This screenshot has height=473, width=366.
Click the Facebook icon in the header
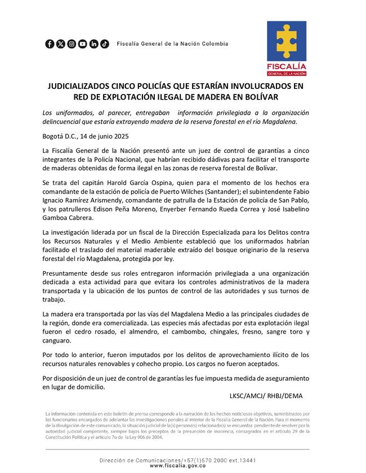pyautogui.click(x=50, y=44)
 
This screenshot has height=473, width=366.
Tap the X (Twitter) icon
pyautogui.click(x=60, y=44)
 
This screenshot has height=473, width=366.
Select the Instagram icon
pyautogui.click(x=72, y=44)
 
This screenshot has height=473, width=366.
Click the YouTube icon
pyautogui.click(x=83, y=44)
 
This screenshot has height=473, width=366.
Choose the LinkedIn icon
pyautogui.click(x=93, y=44)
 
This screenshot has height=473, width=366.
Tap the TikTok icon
pyautogui.click(x=105, y=44)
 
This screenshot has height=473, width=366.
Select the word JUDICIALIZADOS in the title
pyautogui.click(x=84, y=87)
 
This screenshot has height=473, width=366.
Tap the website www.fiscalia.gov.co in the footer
pyautogui.click(x=178, y=466)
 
